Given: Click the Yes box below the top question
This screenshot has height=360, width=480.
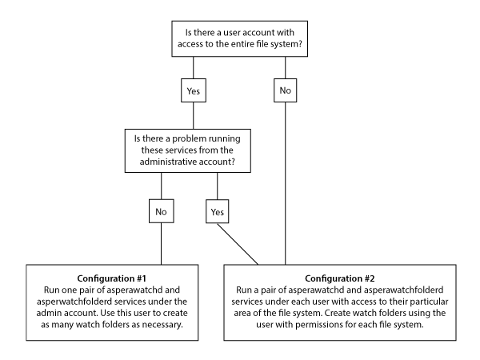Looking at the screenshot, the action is tap(194, 90).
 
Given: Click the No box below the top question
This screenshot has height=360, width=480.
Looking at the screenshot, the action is tap(286, 90).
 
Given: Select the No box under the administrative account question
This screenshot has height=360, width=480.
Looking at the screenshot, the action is tap(162, 211).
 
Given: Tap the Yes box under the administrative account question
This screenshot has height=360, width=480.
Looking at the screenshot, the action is tap(218, 211).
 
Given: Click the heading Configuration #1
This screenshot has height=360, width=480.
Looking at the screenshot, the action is tap(112, 278).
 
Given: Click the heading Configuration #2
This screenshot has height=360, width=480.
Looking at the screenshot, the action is tap(340, 278).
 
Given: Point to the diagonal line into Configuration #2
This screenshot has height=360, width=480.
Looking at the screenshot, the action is tap(238, 244).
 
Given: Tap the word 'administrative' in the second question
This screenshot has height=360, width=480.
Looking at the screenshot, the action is tap(168, 162).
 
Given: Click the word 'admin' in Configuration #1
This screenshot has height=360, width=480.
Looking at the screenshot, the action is tap(48, 313).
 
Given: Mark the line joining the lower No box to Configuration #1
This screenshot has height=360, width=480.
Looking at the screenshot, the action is tap(162, 244).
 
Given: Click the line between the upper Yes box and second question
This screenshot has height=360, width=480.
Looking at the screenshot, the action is tap(193, 115).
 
